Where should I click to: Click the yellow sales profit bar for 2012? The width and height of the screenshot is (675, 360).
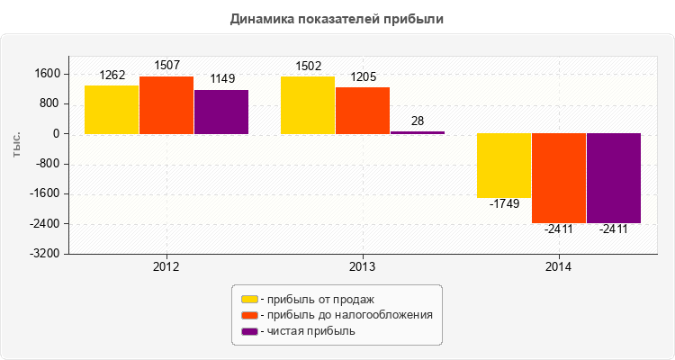tap(112, 110)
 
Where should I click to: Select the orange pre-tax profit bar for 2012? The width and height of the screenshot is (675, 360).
tap(166, 105)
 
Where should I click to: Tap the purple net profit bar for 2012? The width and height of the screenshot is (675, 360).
tap(221, 112)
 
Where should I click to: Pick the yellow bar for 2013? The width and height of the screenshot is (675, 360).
tap(308, 105)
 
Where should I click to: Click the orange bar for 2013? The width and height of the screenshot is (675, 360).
tap(363, 111)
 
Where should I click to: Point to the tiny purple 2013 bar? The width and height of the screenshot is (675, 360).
tap(418, 132)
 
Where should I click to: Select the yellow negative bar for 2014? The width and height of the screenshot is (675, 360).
tap(504, 166)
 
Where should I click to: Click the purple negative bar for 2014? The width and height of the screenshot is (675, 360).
tap(614, 178)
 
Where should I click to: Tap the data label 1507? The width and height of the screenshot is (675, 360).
tap(166, 65)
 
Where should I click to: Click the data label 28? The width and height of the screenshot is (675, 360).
tap(418, 121)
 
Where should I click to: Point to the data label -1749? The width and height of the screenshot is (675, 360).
tap(504, 204)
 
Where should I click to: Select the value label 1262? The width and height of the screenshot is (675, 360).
tap(112, 75)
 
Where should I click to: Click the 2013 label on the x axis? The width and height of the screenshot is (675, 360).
tap(363, 267)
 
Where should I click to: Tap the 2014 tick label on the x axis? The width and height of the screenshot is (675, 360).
tap(559, 267)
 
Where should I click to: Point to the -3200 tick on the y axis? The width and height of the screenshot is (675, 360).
tap(45, 254)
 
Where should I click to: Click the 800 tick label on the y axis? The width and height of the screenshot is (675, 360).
tap(50, 103)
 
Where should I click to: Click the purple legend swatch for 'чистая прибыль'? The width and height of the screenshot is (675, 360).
tap(249, 331)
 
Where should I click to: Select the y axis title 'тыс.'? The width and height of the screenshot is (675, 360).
tap(17, 144)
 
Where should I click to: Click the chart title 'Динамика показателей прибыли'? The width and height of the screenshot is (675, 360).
tap(337, 18)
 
